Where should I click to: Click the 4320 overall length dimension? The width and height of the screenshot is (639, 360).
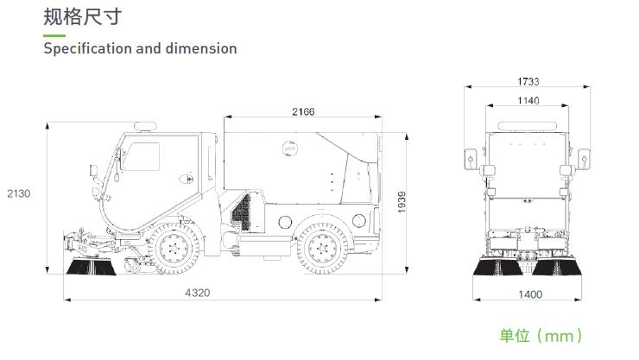coord(198,293)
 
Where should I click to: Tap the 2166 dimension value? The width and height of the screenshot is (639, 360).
coord(303,111)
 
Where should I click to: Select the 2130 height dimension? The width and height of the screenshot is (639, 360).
coord(19,193)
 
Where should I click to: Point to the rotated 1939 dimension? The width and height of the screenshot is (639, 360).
coord(402,202)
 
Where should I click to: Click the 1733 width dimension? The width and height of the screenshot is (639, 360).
coord(528,81)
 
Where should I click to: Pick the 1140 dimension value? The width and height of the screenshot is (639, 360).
coord(528,100)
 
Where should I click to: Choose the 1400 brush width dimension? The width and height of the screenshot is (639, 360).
coord(530,294)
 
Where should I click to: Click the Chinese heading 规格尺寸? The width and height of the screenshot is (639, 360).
coord(83,17)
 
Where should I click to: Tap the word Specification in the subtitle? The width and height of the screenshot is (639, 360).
coord(87,49)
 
